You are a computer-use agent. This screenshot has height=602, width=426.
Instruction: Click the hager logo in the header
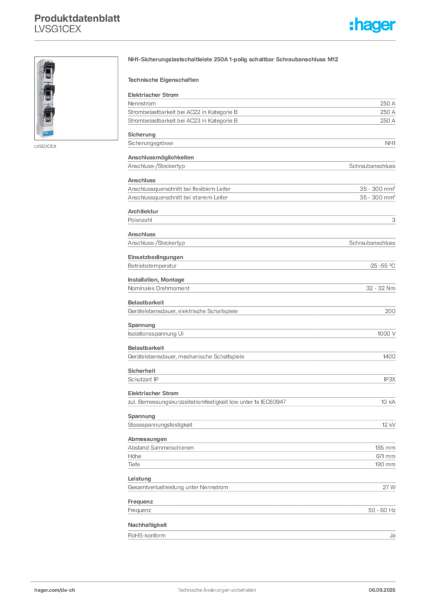[372, 25]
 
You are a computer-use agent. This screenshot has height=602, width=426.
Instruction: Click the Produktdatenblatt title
[77, 18]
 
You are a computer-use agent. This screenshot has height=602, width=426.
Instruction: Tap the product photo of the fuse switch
[76, 98]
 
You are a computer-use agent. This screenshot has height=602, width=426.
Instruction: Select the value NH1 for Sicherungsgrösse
[390, 143]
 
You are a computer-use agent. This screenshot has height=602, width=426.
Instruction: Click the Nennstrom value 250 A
[388, 103]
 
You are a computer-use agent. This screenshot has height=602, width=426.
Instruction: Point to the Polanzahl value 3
[394, 220]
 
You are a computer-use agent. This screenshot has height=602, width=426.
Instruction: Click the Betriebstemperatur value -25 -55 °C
[382, 266]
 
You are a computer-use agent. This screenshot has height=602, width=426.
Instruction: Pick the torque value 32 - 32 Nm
[380, 288]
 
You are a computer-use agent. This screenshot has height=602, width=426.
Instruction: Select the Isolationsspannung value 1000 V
[386, 334]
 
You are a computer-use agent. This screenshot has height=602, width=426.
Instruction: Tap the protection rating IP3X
[389, 379]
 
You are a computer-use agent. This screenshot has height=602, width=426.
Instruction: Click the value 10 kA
[388, 402]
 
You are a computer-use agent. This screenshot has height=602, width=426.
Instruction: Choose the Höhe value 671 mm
[385, 456]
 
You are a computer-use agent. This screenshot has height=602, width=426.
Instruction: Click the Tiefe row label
[134, 464]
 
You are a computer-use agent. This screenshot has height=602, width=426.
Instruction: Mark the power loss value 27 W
[389, 487]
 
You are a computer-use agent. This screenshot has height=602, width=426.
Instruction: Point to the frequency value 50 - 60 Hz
[381, 510]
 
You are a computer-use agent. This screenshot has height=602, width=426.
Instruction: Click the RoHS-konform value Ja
[392, 536]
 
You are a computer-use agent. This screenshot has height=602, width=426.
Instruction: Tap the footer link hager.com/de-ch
[55, 590]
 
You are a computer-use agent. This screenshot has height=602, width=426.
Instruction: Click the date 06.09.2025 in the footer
[382, 590]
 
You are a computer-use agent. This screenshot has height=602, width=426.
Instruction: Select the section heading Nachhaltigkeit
[147, 525]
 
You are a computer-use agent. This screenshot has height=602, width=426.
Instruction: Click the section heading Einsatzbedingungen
[155, 257]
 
